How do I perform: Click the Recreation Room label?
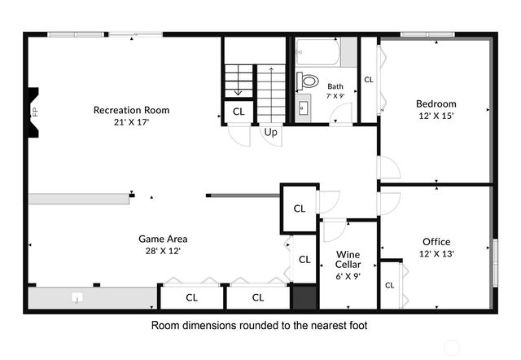click(x=131, y=110)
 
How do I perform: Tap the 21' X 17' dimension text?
click(x=131, y=122)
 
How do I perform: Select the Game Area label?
click(x=163, y=239)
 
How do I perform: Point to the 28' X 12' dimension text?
click(x=163, y=251)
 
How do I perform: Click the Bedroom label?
click(x=436, y=103)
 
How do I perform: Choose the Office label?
click(x=436, y=241)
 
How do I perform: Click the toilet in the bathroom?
click(x=308, y=81)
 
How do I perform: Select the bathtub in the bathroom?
click(x=318, y=54)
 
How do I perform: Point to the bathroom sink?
click(x=304, y=107)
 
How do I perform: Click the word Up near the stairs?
click(x=270, y=132)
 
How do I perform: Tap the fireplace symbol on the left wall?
click(x=33, y=111)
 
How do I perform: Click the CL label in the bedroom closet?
click(x=368, y=80)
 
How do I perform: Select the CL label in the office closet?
click(x=390, y=285)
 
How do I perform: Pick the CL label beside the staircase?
click(x=239, y=112)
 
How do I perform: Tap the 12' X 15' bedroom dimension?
click(x=436, y=116)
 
